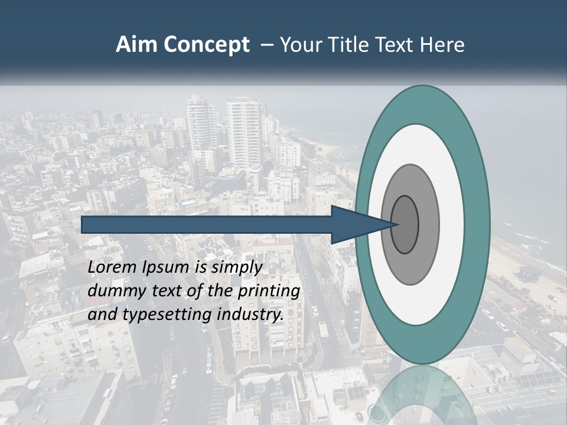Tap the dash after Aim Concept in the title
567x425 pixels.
pyautogui.click(x=266, y=45)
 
